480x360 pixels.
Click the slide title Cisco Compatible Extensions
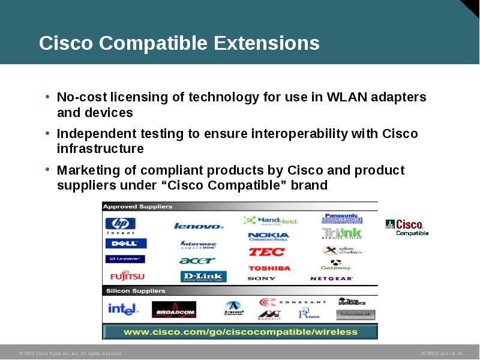179,43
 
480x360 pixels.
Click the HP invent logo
121,225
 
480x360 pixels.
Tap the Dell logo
125,244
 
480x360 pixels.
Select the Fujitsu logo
127,277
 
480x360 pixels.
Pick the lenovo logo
199,226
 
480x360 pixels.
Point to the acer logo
197,260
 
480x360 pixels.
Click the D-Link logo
203,277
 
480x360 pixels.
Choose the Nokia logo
268,236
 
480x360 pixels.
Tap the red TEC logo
266,252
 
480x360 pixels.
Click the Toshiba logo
269,268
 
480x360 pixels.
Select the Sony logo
262,278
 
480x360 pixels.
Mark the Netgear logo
332,278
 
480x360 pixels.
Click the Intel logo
122,309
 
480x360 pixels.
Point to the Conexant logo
292,302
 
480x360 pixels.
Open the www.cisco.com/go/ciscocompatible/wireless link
240,331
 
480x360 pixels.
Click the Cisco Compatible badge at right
407,227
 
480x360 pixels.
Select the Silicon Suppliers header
136,291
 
